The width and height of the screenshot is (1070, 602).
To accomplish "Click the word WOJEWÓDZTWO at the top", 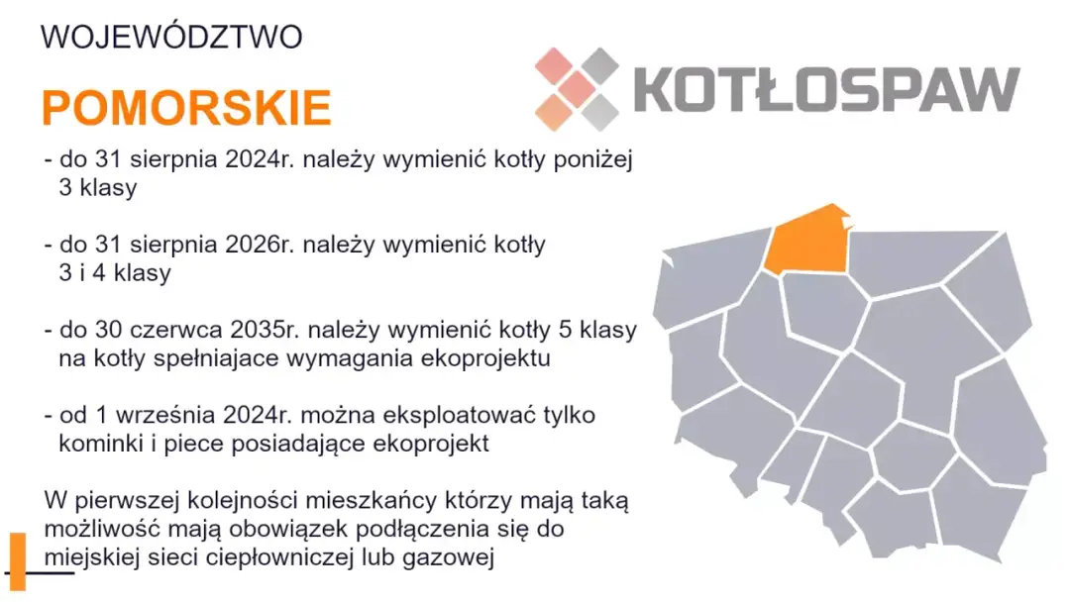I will click(170, 38).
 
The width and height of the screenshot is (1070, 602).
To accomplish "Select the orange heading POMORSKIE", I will click(186, 107).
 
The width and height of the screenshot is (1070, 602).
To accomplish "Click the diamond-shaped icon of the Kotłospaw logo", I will click(576, 89).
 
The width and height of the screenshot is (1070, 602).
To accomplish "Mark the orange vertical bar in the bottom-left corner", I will click(17, 561).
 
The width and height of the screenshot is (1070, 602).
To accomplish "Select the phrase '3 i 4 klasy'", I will click(115, 272).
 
